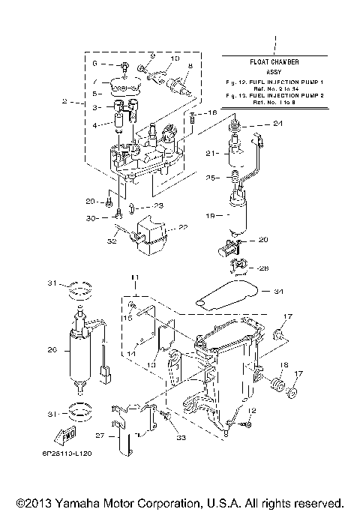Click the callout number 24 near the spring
(278, 123)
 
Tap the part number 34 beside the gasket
(279, 291)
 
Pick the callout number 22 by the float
(183, 228)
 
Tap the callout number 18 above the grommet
(283, 365)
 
